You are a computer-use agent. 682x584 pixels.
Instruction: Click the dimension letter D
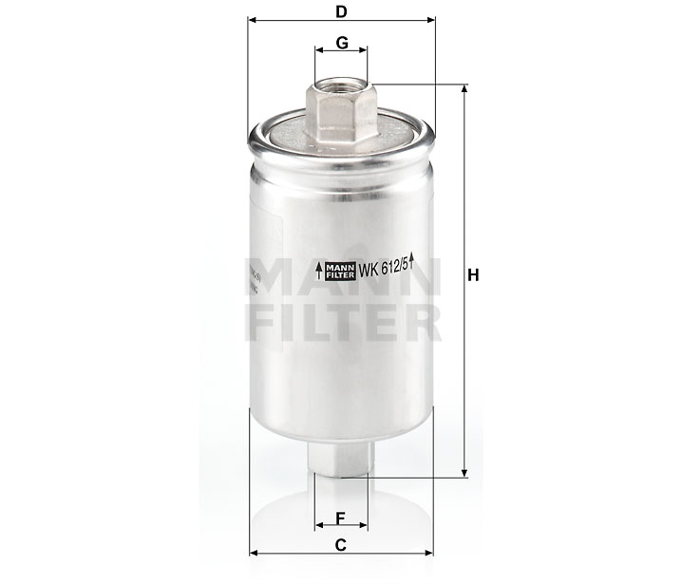340,10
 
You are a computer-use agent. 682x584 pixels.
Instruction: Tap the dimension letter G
340,45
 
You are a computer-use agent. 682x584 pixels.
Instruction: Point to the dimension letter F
340,518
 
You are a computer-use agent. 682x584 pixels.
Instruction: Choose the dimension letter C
340,544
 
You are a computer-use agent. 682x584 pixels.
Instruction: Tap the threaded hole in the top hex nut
340,87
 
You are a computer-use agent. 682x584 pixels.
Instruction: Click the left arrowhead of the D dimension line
251,20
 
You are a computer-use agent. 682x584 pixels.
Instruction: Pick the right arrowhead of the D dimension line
429,20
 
